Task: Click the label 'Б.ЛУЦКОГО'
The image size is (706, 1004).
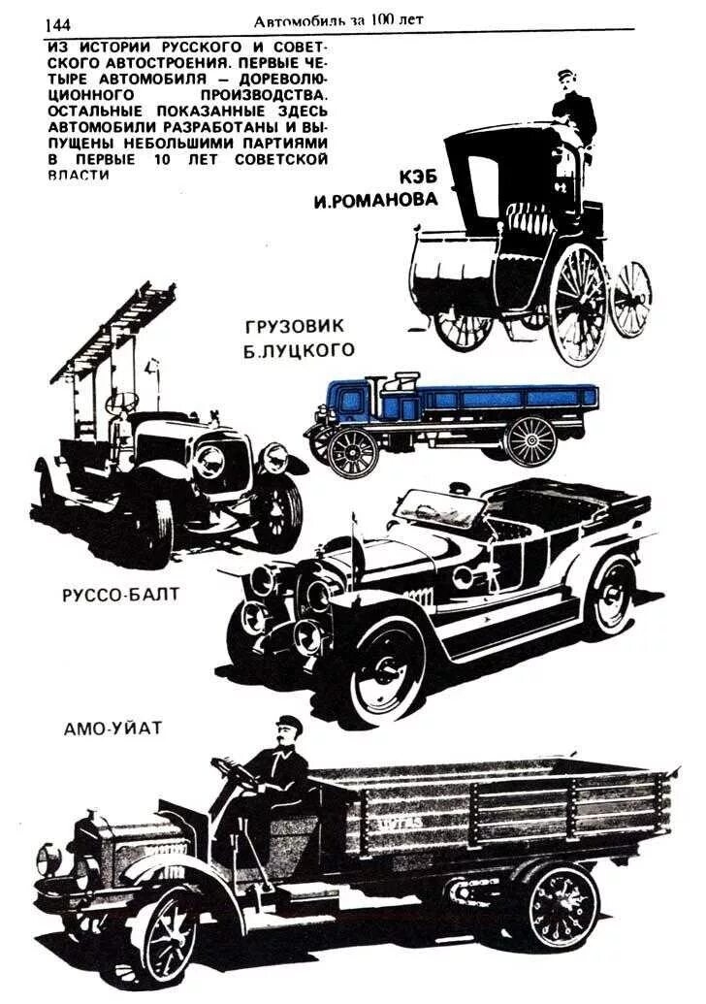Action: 300,350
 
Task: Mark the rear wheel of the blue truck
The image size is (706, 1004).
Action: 530,441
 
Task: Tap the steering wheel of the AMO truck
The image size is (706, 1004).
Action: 230,771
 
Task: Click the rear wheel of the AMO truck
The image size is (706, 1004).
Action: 562,906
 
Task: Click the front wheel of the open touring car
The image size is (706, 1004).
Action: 384,673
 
